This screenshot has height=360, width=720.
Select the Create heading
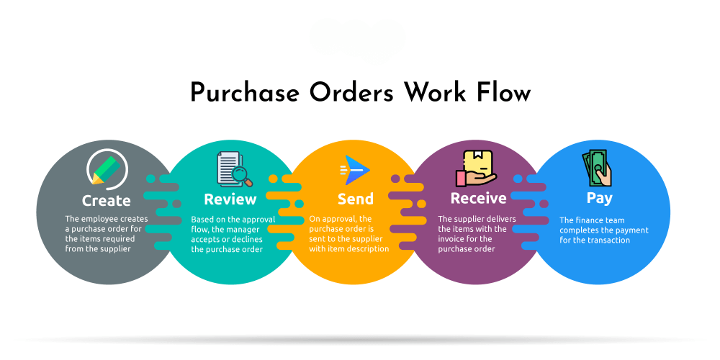pyautogui.click(x=107, y=200)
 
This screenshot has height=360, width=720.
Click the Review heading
pyautogui.click(x=230, y=199)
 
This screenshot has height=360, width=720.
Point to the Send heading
pyautogui.click(x=356, y=199)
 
